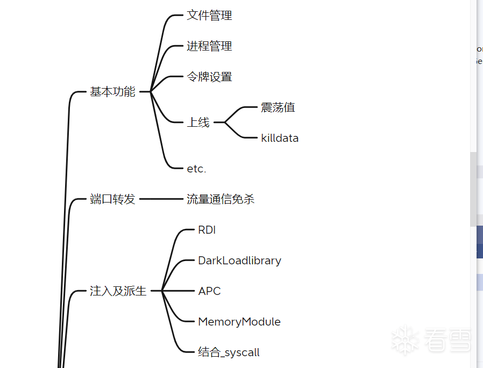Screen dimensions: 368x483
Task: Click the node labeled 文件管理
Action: click(x=209, y=16)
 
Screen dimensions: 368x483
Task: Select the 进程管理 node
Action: click(x=209, y=46)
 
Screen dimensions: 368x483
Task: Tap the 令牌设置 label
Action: click(x=209, y=77)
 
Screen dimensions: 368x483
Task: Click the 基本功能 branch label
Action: click(x=112, y=92)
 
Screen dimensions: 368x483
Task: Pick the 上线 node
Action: click(x=198, y=122)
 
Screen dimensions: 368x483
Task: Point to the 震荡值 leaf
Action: click(x=278, y=107)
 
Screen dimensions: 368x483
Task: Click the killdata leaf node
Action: click(x=280, y=138)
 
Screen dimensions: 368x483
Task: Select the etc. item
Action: click(x=196, y=169)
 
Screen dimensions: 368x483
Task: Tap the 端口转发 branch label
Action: click(x=112, y=199)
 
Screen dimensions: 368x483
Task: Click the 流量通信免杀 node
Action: click(x=221, y=199)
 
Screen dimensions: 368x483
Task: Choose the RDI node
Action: click(x=207, y=230)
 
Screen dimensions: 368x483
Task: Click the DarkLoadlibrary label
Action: click(x=239, y=261)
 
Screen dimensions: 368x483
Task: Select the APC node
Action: click(x=209, y=291)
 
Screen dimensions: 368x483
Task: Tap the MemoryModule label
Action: click(x=239, y=322)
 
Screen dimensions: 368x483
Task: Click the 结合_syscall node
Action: click(x=229, y=352)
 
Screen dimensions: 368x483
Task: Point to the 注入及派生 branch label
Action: click(x=118, y=291)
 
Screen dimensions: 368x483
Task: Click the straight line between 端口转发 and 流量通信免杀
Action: click(x=161, y=199)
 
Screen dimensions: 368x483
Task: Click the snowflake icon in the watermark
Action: click(x=404, y=340)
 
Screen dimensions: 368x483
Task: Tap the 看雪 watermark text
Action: click(x=448, y=340)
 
